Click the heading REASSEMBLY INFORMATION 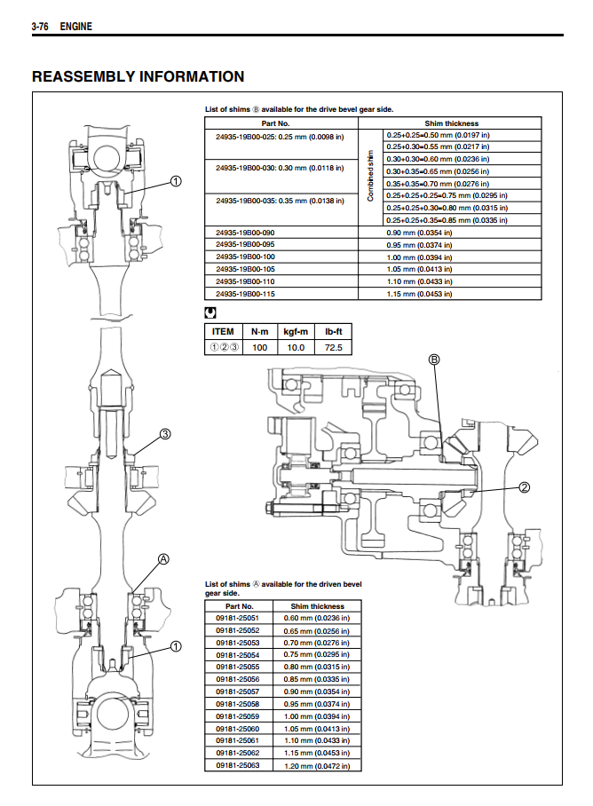tap(138, 76)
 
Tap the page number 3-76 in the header tap(40, 28)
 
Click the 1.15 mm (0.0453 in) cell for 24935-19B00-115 tap(419, 293)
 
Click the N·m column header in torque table tap(259, 331)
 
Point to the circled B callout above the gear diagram tap(434, 360)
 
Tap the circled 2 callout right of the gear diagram tap(524, 486)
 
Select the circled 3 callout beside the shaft tap(164, 434)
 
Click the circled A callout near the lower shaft tap(163, 559)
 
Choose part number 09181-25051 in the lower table tap(238, 618)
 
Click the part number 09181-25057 tap(238, 691)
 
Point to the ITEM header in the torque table tap(224, 331)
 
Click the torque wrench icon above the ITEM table tap(210, 312)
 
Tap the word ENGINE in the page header tap(75, 28)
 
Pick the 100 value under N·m tap(259, 347)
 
